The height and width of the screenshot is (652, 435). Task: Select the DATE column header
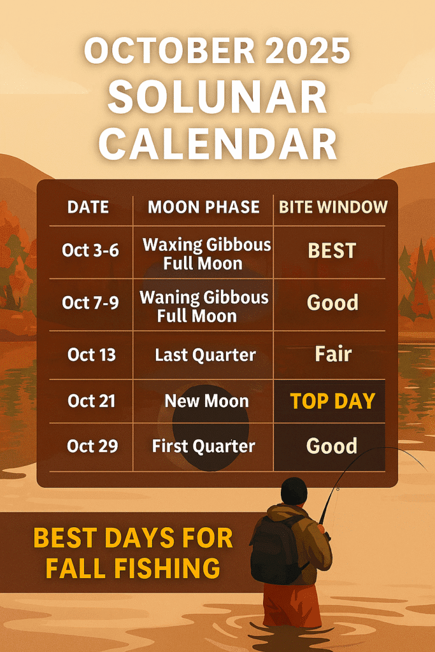click(88, 207)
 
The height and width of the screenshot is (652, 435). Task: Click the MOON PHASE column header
click(204, 207)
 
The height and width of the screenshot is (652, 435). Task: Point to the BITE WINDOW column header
click(333, 207)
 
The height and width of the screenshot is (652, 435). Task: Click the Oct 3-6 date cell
click(90, 250)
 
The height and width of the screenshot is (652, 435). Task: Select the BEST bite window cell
click(332, 251)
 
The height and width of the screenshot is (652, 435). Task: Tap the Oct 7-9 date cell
click(90, 302)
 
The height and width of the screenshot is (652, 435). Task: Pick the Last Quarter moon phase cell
click(206, 355)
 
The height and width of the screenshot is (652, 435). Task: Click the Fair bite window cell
click(333, 354)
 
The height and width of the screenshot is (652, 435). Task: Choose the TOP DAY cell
click(332, 401)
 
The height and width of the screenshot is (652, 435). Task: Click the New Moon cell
click(207, 401)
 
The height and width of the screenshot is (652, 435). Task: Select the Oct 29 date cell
click(92, 446)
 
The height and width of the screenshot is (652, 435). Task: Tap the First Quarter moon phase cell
click(203, 446)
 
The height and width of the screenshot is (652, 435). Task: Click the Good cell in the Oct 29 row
click(332, 446)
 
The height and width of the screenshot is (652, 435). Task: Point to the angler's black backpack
click(276, 549)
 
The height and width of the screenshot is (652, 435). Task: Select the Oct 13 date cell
click(92, 355)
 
